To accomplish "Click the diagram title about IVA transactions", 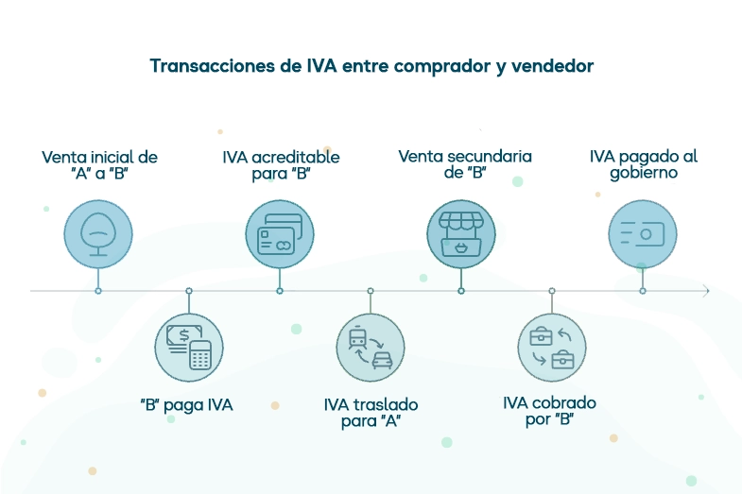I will point(371,66).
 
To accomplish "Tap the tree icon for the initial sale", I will point(98,233).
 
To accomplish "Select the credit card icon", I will point(280,233).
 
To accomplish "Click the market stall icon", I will point(461,233).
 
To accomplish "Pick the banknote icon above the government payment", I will point(643,233).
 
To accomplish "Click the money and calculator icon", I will point(189,348).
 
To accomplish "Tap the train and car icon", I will point(371,348).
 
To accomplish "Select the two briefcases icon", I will point(552,348).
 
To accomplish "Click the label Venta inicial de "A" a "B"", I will point(99,165).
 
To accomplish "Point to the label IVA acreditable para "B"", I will point(281,165).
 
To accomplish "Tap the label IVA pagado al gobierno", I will point(643,165).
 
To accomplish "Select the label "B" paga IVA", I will point(186,405).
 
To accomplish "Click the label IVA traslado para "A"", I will point(371,413).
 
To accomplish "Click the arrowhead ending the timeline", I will point(705,291).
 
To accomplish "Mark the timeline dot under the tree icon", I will point(98,291).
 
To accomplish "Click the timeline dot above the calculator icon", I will point(189,291).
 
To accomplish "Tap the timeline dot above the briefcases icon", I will point(552,291).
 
